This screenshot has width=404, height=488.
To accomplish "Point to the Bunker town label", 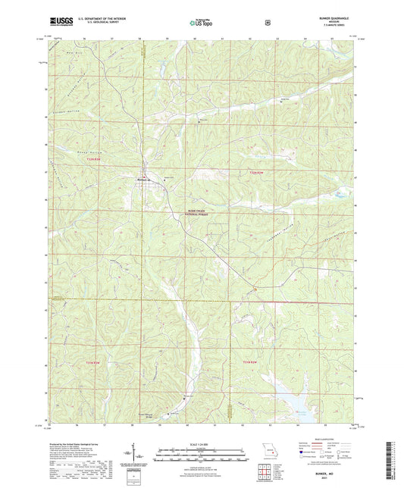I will point(141,179).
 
